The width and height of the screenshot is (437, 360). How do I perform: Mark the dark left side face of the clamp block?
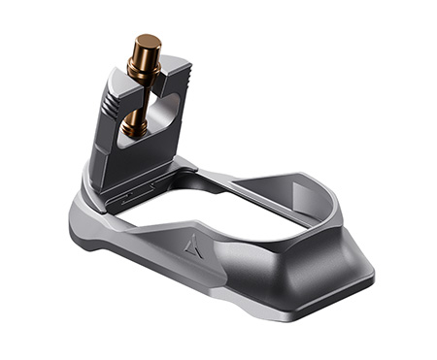pyautogui.click(x=101, y=146)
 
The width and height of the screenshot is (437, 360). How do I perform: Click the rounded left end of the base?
pyautogui.click(x=83, y=223)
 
